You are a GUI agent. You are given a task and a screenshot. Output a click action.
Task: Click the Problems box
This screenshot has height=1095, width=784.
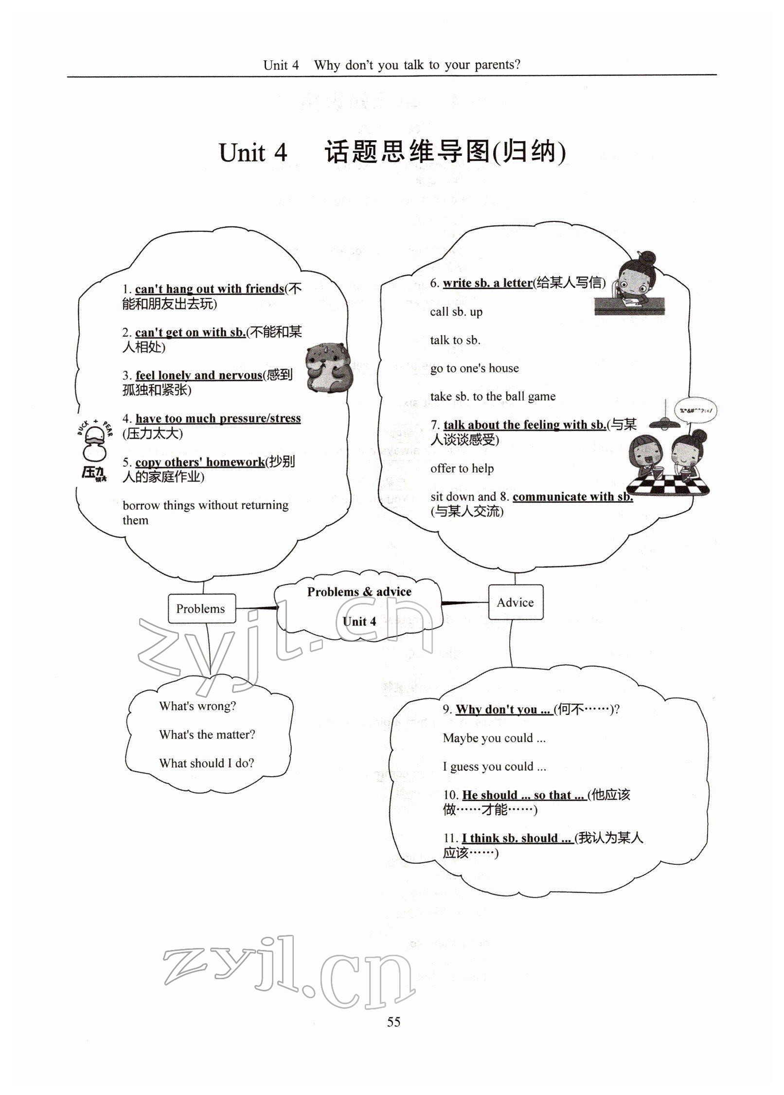(x=201, y=608)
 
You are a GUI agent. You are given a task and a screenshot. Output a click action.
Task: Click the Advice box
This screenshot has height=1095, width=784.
(x=515, y=602)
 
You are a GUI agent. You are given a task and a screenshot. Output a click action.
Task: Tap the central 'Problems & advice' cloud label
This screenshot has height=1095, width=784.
(x=359, y=592)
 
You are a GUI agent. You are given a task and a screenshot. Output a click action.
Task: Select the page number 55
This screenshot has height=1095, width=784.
(x=393, y=1022)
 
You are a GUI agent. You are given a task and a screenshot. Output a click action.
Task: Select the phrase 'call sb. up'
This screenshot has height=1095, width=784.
(x=456, y=312)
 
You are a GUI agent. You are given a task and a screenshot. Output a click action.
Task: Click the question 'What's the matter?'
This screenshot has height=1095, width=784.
(x=207, y=734)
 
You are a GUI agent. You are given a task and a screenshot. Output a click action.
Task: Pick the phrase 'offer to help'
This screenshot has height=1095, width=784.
(x=462, y=468)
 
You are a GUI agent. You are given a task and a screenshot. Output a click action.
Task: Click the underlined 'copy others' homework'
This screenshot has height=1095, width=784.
(x=200, y=462)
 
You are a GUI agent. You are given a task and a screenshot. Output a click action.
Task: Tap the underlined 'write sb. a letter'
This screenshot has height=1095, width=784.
(x=487, y=283)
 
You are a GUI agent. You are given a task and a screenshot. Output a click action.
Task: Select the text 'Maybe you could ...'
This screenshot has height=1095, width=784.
(x=494, y=738)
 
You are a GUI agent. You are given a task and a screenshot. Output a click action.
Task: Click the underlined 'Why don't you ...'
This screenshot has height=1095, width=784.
(x=503, y=710)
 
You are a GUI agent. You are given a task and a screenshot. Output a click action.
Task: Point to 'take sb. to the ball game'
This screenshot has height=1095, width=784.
(x=492, y=397)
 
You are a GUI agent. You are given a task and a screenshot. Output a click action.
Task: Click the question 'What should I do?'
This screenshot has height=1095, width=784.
(x=206, y=763)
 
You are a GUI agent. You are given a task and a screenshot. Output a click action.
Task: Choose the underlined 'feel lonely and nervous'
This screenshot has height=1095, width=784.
(x=198, y=375)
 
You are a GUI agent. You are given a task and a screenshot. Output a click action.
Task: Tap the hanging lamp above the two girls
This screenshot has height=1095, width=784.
(x=665, y=422)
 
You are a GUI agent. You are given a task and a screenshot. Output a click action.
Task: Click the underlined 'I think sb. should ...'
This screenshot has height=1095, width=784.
(x=517, y=838)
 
